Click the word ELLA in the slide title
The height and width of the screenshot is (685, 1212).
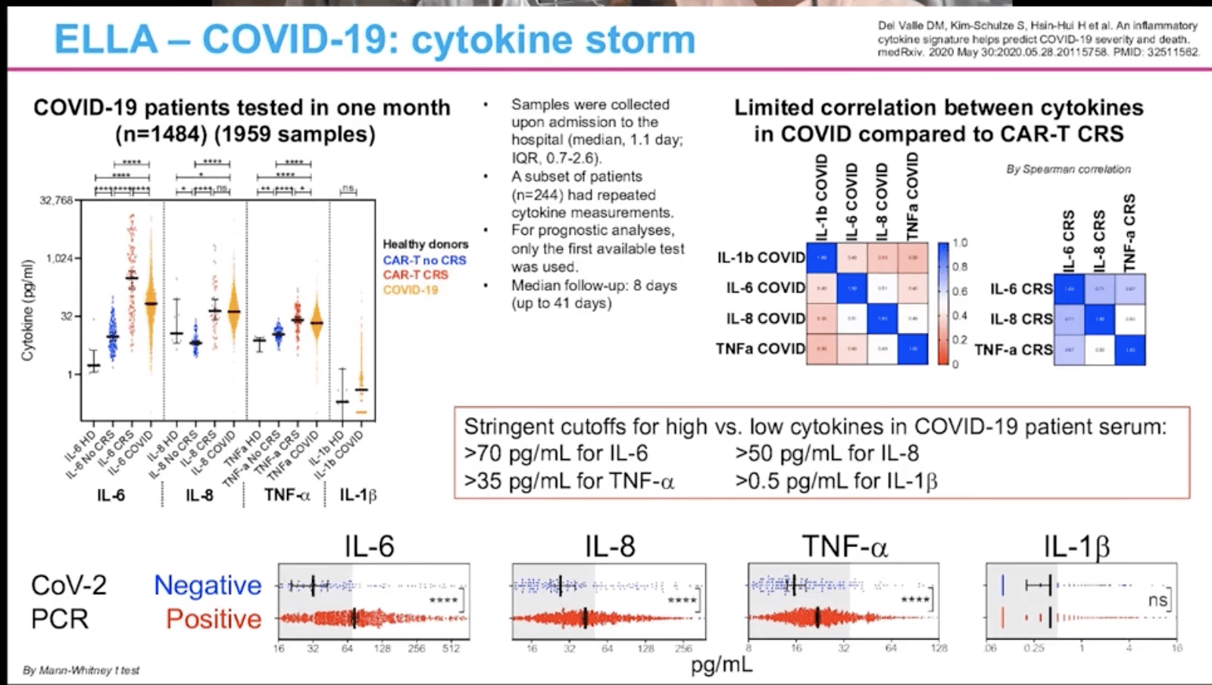coord(105,40)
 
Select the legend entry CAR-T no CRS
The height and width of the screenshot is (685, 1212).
coord(424,260)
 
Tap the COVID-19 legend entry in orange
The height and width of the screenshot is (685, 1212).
coord(410,289)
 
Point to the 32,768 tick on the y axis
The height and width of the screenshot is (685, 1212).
coord(56,201)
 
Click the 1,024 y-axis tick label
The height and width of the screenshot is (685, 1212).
coord(59,258)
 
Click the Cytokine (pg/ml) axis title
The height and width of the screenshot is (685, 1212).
coord(28,310)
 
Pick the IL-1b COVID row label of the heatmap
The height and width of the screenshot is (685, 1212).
coord(761,258)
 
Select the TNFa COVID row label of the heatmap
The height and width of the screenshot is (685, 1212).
coord(760,349)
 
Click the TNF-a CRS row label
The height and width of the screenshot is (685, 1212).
coord(1013,349)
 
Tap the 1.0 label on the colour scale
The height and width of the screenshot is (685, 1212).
coord(960,243)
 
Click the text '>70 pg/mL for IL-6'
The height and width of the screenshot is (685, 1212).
coord(556,453)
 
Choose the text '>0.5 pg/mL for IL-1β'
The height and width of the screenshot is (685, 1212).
coord(836,481)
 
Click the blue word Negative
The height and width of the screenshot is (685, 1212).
coord(207,585)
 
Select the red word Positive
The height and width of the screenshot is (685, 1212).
coord(214,619)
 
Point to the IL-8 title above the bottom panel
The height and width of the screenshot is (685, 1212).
coord(610,546)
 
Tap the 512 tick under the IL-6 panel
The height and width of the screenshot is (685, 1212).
coord(451,649)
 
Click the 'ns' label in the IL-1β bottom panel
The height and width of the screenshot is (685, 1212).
coord(1157,600)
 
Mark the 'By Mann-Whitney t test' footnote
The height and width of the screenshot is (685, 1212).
coord(81,670)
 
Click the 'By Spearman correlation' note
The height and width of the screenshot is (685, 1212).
coord(1068,169)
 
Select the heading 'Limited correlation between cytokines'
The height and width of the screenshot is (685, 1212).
coord(939,108)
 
